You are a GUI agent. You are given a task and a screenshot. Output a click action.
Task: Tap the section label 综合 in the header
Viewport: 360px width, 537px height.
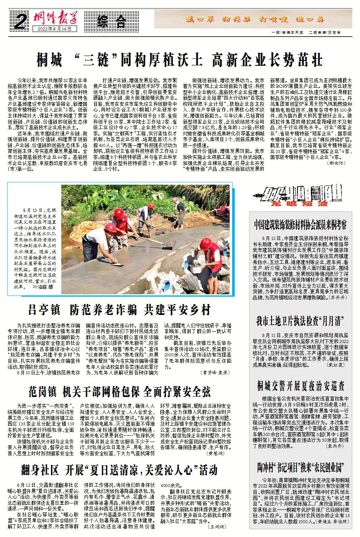(111, 21)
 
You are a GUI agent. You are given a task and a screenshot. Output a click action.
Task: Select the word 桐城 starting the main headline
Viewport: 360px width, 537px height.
(50, 60)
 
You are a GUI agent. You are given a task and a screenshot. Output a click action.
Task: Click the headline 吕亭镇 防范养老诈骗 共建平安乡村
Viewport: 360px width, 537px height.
(119, 310)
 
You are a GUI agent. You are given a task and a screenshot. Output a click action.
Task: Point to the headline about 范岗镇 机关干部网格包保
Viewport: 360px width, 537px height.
(119, 392)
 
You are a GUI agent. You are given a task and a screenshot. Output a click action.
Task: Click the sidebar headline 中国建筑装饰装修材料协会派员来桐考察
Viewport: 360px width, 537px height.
(300, 224)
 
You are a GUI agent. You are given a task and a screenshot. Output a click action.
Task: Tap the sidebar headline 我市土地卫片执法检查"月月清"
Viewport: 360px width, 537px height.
(300, 321)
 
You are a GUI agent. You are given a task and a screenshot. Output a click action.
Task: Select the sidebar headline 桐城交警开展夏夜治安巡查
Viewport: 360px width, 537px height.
(300, 385)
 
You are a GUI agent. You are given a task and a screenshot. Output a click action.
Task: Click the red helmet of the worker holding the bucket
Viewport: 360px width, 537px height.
(205, 244)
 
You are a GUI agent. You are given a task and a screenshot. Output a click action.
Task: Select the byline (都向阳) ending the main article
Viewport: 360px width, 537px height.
(337, 162)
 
